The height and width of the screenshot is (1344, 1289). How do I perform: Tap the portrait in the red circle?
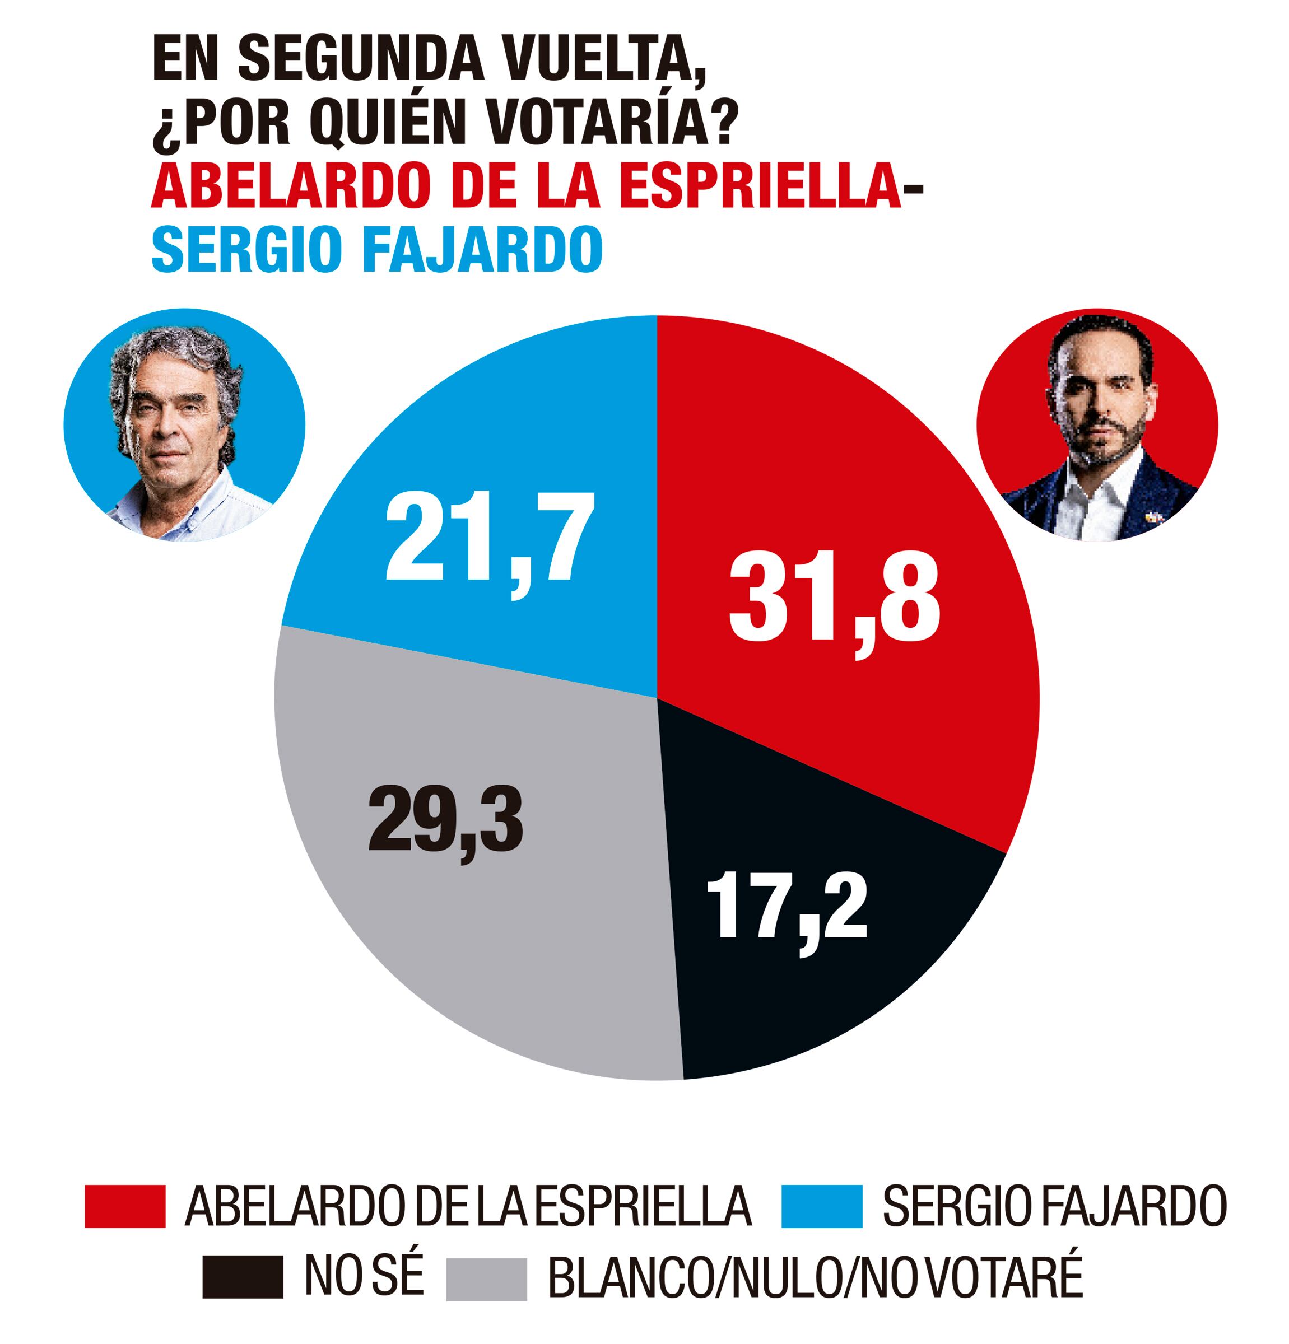click(x=1096, y=425)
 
